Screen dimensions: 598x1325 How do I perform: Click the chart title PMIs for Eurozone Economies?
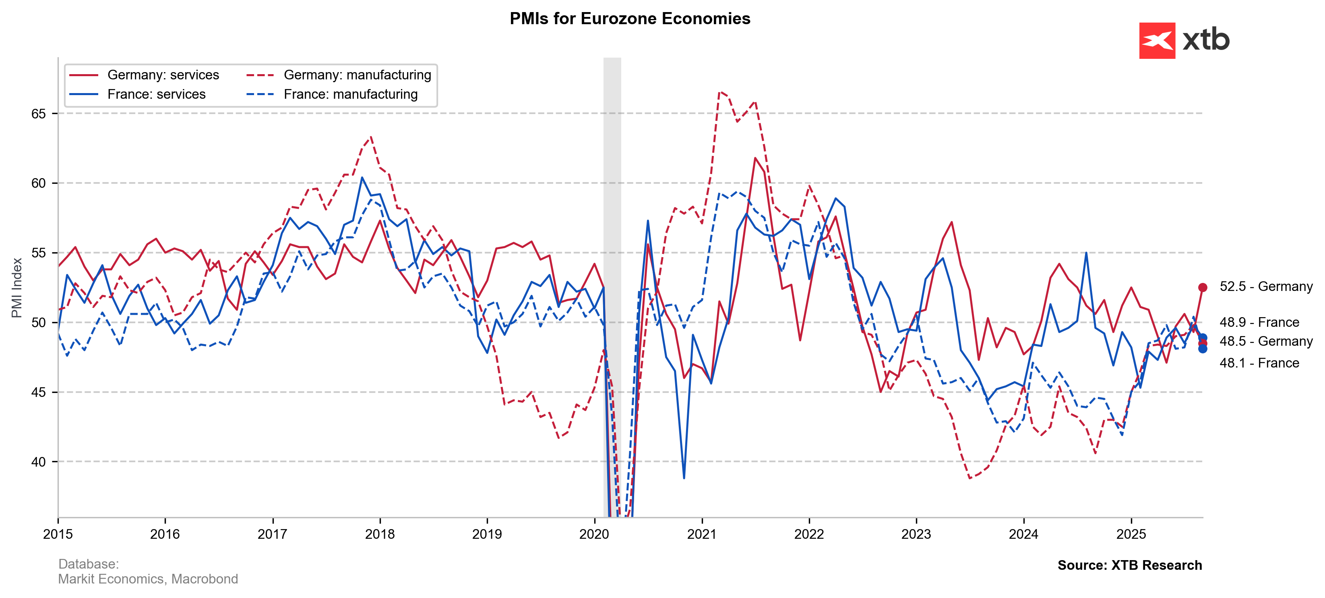point(630,19)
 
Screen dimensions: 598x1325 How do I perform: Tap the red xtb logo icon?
point(1157,40)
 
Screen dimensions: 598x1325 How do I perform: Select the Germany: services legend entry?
point(163,75)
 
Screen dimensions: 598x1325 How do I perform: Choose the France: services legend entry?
point(156,95)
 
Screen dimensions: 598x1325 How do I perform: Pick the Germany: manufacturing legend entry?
point(357,75)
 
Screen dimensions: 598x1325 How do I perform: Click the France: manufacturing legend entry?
point(350,95)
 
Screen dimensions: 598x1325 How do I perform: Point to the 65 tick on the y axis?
point(39,114)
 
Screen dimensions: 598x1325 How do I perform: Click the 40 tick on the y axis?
point(39,462)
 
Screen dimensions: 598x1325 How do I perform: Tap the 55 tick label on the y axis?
point(39,253)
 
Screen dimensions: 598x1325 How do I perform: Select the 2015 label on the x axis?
point(58,534)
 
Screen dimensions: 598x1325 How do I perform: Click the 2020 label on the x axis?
point(594,534)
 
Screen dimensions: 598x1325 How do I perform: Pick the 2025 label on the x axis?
point(1131,534)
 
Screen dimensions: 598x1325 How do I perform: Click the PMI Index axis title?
point(17,288)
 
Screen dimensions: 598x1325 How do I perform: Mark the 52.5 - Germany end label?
point(1266,287)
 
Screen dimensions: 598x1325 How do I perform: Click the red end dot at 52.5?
point(1203,287)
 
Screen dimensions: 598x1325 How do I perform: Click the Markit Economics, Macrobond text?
point(148,579)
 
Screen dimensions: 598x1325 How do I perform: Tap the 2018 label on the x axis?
point(380,534)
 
